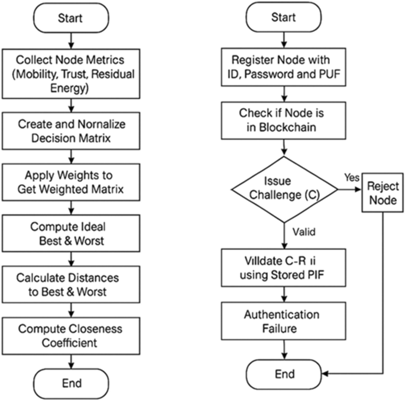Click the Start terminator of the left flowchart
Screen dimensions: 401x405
(70, 18)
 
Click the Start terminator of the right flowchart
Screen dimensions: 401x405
(283, 18)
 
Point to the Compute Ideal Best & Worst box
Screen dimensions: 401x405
(72, 234)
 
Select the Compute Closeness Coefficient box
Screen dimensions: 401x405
(72, 335)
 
